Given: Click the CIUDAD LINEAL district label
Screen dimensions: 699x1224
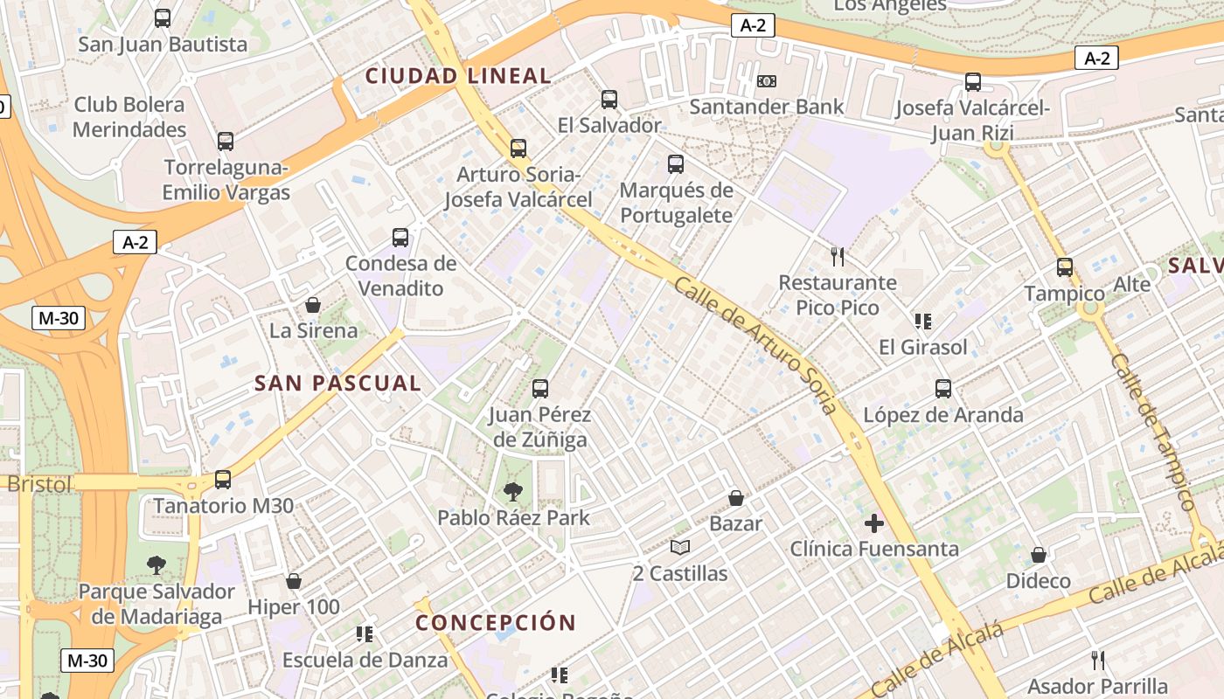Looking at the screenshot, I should (458, 76).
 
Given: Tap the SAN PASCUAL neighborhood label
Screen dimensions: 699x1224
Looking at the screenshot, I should (337, 383).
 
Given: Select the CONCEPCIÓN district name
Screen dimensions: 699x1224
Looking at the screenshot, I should (496, 623).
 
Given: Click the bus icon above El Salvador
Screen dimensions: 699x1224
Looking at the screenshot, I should (609, 100).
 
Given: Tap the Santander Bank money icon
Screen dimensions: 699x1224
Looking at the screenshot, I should (767, 81).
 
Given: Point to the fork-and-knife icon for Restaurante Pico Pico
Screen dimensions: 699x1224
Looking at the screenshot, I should (838, 256).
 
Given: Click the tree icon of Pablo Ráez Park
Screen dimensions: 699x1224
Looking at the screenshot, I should (513, 492).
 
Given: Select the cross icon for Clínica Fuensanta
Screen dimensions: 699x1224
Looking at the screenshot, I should (873, 523).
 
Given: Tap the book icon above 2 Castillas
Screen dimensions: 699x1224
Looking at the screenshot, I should (680, 548).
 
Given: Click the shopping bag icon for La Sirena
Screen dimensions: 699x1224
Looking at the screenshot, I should (312, 305).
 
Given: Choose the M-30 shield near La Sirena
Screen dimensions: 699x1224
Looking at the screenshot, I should (59, 318).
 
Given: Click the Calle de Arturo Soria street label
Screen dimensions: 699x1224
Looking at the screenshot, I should (756, 344).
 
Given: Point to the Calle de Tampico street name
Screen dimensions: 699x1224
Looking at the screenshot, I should (1152, 432).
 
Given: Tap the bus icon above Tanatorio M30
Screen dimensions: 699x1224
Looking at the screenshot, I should (223, 480).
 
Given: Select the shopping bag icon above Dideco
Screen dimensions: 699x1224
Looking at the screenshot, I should (1039, 555).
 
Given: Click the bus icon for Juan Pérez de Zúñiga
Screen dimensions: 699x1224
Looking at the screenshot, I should (540, 389).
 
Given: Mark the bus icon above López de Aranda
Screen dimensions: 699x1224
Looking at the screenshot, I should (942, 389).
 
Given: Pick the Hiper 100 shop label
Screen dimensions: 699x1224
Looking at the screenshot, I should (294, 606).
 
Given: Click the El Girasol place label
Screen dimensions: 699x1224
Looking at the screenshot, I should (923, 347).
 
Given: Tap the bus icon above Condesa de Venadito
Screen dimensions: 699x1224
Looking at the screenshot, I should (400, 237).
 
